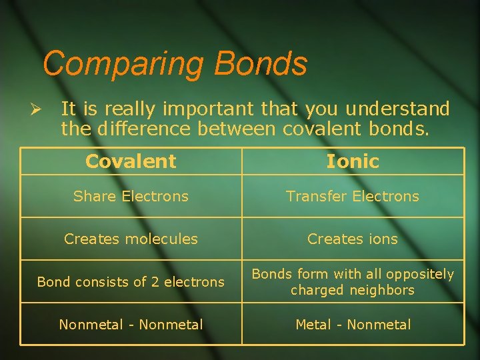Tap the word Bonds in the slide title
coord(261,64)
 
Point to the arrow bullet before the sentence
coord(37,109)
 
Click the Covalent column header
coord(131,161)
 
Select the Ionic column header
coord(352,161)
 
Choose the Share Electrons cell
coord(131,196)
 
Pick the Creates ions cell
coord(352,239)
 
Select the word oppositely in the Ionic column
coord(421,274)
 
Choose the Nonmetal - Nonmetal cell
coord(131,325)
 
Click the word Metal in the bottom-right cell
coord(315,325)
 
